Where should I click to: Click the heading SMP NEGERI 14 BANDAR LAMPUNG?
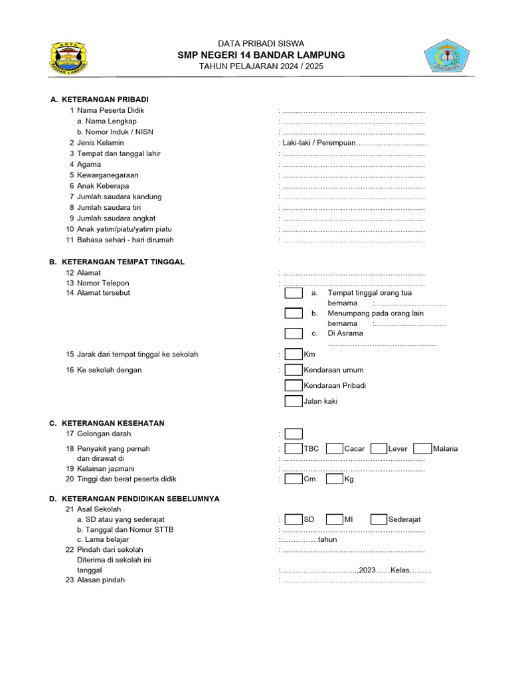[x=261, y=55]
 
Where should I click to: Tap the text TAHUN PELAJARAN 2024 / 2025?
[x=261, y=67]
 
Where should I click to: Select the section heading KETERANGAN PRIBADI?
[x=104, y=99]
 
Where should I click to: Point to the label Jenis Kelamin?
[x=100, y=143]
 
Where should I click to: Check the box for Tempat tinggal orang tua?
[x=294, y=293]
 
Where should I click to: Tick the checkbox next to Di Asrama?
[x=294, y=333]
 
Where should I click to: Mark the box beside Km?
[x=294, y=355]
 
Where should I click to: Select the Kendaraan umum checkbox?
[x=294, y=370]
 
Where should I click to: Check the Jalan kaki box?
[x=294, y=401]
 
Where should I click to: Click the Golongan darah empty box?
[x=294, y=434]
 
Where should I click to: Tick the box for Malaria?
[x=422, y=449]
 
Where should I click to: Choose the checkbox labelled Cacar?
[x=335, y=449]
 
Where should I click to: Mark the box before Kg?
[x=335, y=479]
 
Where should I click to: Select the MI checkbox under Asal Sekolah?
[x=335, y=519]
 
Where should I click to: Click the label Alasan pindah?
[x=100, y=580]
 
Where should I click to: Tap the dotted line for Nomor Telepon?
[x=353, y=284]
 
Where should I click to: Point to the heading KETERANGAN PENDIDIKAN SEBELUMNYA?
[x=140, y=498]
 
